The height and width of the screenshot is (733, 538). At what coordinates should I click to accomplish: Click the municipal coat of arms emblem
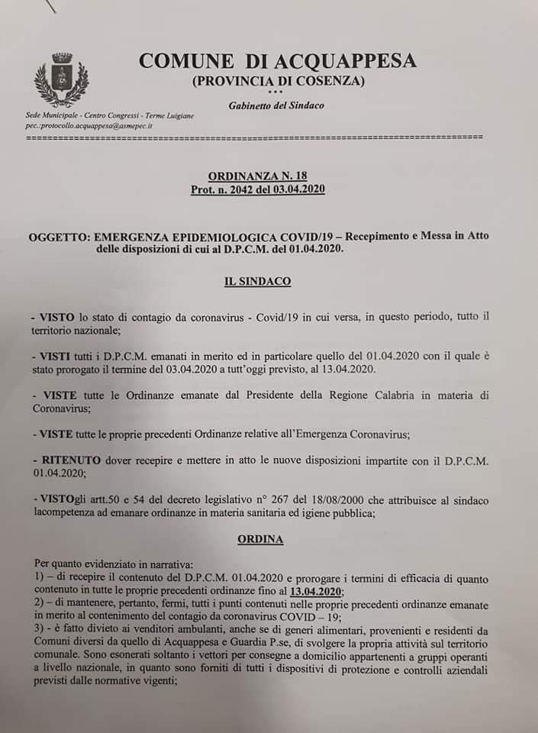[61, 79]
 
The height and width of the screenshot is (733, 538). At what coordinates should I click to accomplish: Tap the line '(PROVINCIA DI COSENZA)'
[279, 81]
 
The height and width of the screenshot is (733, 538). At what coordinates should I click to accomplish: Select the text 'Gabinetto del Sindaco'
[276, 105]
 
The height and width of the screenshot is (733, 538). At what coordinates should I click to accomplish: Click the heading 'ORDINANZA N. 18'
[258, 175]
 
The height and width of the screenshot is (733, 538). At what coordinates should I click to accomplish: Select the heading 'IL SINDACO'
[257, 281]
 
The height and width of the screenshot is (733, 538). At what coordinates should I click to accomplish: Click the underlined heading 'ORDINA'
[260, 539]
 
